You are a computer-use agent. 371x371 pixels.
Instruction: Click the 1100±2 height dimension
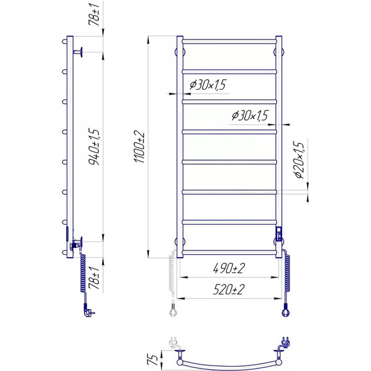coord(139,147)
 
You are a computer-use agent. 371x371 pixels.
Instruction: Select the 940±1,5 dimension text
coord(94,147)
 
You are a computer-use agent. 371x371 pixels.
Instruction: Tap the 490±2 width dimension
coord(228,268)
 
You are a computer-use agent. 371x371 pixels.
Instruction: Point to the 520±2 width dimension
coord(228,289)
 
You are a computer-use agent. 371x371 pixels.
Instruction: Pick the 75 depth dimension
coord(153,360)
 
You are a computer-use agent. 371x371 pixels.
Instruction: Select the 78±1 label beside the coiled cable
coord(94,278)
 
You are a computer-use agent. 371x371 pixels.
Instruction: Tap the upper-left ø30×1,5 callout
coord(208,85)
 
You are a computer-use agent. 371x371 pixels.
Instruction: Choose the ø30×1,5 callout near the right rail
coord(250,116)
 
